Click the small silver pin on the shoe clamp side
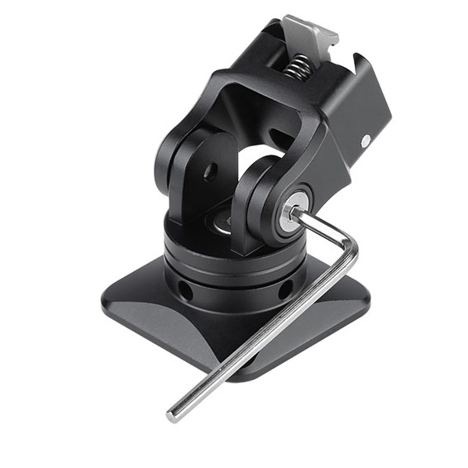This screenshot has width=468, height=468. (365, 141)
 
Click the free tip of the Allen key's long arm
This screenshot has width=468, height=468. (173, 414)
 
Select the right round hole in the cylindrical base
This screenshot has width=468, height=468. (284, 290)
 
